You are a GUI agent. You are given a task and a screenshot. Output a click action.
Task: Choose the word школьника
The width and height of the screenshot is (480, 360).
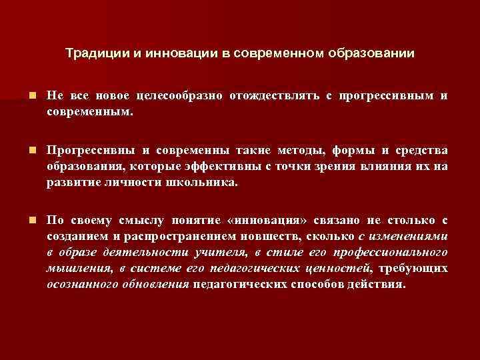pos(205,182)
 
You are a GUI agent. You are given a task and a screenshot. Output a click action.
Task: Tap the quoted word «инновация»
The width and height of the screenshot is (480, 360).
pos(281,221)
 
